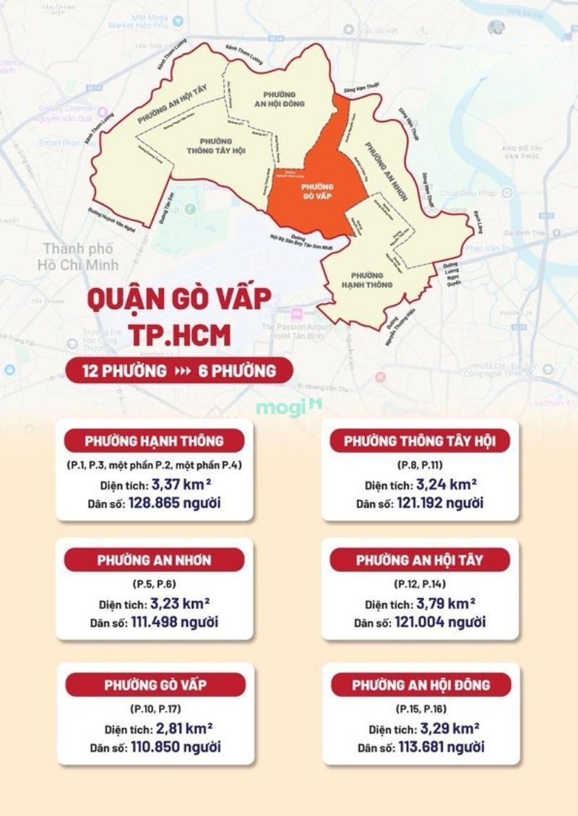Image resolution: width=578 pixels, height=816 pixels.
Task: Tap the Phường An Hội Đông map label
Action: click(283, 99)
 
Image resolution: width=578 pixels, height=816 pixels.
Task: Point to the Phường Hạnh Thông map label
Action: click(372, 280)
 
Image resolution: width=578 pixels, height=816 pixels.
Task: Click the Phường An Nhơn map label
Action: click(387, 172)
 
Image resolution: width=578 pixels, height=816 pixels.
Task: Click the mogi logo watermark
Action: click(288, 408)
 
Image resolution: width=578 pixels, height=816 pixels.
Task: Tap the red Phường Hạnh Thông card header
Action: click(154, 440)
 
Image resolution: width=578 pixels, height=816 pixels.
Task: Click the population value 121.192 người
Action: click(440, 503)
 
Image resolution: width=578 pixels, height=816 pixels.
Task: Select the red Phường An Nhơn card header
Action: click(154, 560)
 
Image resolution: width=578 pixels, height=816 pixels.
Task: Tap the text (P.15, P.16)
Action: click(420, 708)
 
